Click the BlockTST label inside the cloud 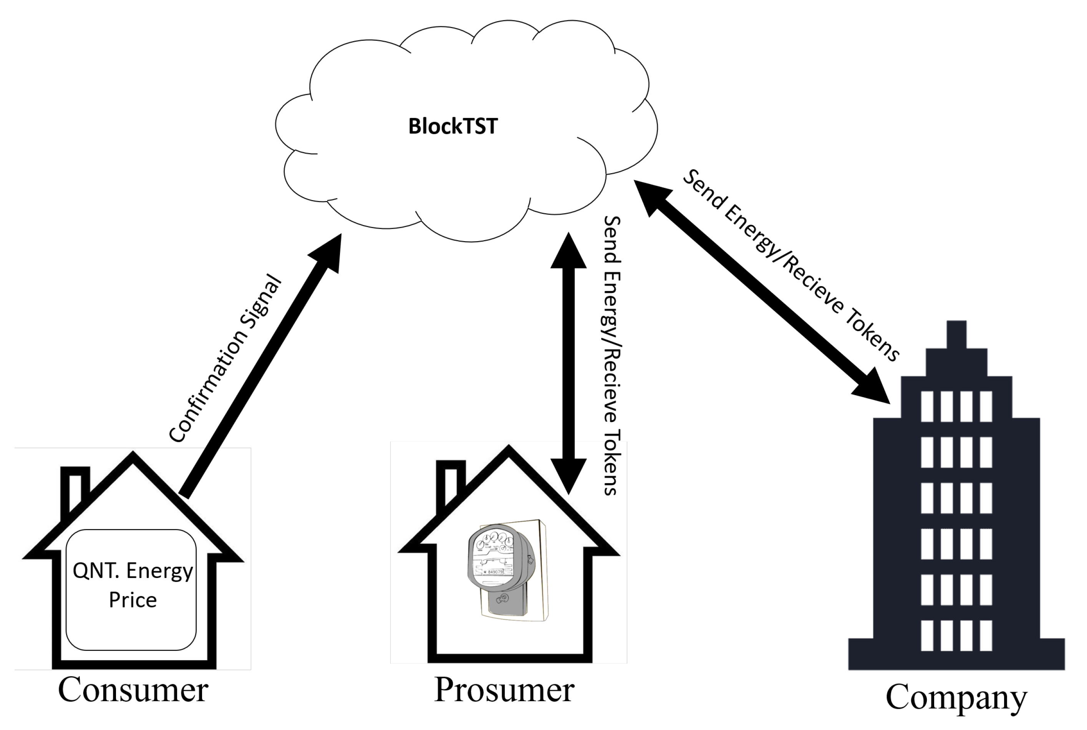tap(452, 126)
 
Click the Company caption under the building tap(956, 697)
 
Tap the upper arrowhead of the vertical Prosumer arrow tap(568, 252)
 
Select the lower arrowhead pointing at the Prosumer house tap(568, 475)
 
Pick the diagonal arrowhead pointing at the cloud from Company tap(651, 195)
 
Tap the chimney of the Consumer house tap(75, 489)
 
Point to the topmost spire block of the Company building tap(956, 334)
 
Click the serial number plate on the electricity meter tap(492, 571)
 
